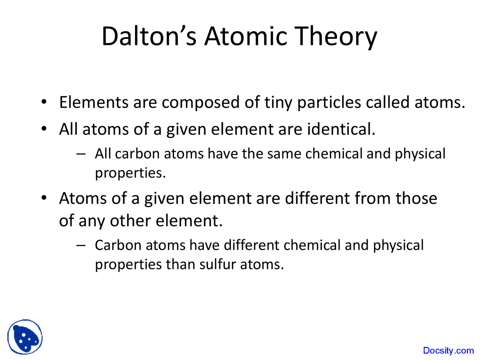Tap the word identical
[x=341, y=129]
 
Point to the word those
[x=416, y=198]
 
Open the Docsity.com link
[x=448, y=351]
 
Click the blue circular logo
[x=25, y=337]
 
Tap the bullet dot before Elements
[x=44, y=102]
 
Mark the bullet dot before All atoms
[x=44, y=129]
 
